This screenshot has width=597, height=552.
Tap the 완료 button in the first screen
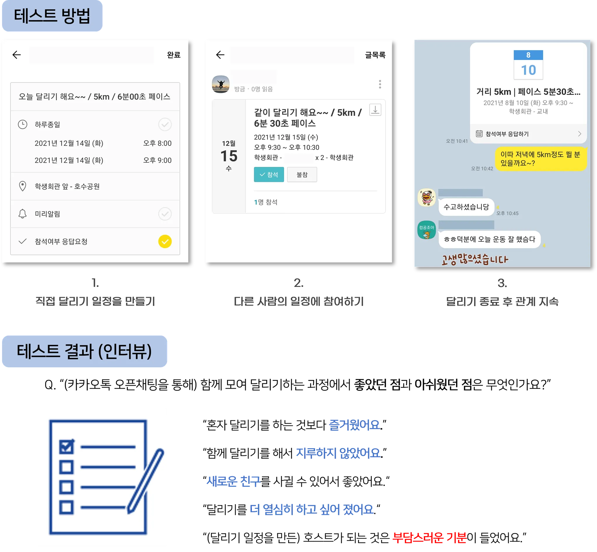click(x=173, y=55)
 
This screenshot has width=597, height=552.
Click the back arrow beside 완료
click(x=17, y=55)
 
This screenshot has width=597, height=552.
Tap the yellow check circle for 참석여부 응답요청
click(x=165, y=241)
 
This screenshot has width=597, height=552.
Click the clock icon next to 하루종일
click(x=22, y=124)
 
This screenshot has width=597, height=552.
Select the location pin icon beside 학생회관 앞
click(x=22, y=186)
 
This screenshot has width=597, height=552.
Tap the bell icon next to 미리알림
click(x=22, y=214)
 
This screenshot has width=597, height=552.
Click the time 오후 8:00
click(x=157, y=143)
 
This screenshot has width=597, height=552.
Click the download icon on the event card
click(x=375, y=110)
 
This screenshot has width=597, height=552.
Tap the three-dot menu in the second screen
click(x=380, y=84)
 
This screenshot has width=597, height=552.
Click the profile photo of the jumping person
click(x=221, y=84)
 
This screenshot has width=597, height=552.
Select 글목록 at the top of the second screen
click(x=375, y=55)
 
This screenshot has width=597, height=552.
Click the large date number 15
click(x=229, y=156)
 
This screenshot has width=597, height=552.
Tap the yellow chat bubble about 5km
click(x=540, y=159)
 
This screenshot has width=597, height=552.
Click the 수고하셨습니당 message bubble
click(x=466, y=207)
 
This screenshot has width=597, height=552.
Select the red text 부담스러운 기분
click(x=429, y=537)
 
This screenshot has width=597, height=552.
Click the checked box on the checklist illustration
click(x=66, y=447)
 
